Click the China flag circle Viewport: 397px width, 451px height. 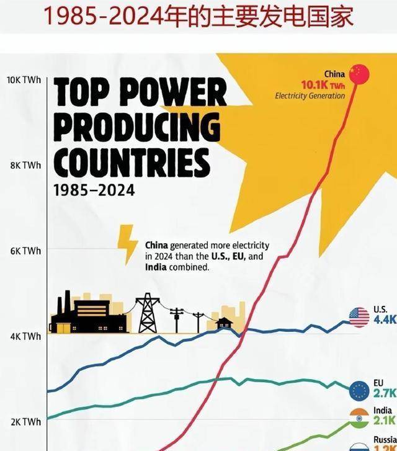pyautogui.click(x=358, y=74)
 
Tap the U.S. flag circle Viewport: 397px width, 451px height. pyautogui.click(x=359, y=318)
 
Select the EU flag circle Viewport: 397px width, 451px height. pyautogui.click(x=359, y=390)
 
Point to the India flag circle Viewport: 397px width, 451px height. pyautogui.click(x=359, y=418)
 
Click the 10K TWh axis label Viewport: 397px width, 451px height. pyautogui.click(x=24, y=80)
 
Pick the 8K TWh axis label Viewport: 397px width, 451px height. pyautogui.click(x=25, y=166)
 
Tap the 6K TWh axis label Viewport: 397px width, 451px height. pyautogui.click(x=25, y=251)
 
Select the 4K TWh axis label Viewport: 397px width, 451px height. pyautogui.click(x=25, y=337)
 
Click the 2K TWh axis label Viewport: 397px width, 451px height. pyautogui.click(x=25, y=422)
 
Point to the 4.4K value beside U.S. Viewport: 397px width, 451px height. pyautogui.click(x=385, y=321)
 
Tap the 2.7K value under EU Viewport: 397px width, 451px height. pyautogui.click(x=385, y=393)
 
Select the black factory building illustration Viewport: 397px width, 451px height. pyautogui.click(x=90, y=314)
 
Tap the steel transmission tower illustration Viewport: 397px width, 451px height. pyautogui.click(x=148, y=313)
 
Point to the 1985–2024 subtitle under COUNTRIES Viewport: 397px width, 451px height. pyautogui.click(x=94, y=190)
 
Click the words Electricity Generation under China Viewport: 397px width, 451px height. pyautogui.click(x=310, y=96)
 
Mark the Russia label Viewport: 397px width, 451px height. pyautogui.click(x=385, y=440)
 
